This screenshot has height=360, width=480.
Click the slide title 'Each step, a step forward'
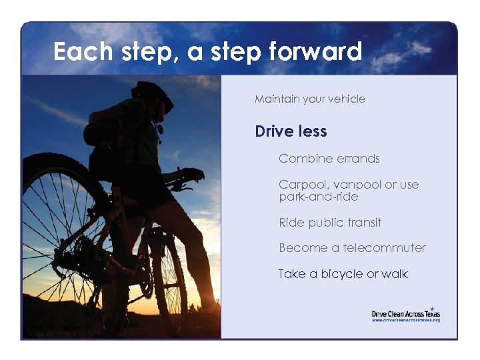click(x=207, y=51)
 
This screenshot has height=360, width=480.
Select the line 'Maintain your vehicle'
click(x=310, y=99)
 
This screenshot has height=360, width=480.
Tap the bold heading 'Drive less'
click(x=291, y=131)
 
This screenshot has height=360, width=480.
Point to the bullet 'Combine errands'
click(x=329, y=159)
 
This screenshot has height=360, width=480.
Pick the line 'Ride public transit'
click(x=330, y=223)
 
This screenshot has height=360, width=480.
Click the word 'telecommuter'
click(x=385, y=248)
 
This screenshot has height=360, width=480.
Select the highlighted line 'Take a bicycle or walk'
click(x=343, y=274)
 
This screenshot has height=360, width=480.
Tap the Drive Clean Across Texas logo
click(x=406, y=313)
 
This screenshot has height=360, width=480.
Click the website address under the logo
click(x=406, y=321)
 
